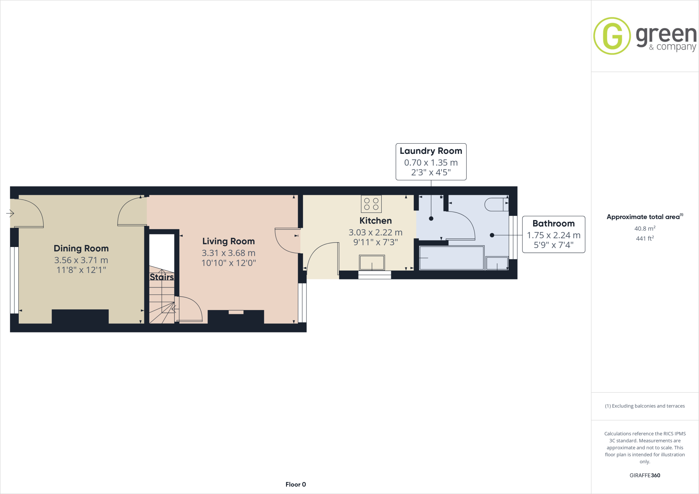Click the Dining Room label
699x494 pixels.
(81, 248)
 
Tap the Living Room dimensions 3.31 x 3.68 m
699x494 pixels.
(228, 253)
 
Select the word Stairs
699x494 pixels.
(162, 277)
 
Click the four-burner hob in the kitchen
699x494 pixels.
(371, 204)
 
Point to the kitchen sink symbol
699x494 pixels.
(372, 263)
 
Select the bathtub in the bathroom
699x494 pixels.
(451, 258)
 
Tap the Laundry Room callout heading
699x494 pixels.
(431, 151)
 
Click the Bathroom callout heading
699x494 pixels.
(553, 224)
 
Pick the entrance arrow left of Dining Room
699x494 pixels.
(10, 214)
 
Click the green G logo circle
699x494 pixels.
(612, 36)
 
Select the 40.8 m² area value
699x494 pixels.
(644, 229)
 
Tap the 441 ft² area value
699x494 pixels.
(644, 238)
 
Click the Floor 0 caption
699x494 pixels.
(296, 484)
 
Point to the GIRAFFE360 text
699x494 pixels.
(645, 475)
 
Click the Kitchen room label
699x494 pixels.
(375, 221)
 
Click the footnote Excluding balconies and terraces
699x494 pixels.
(645, 406)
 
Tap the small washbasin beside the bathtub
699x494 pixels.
(497, 263)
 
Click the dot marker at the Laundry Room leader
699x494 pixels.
(431, 218)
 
